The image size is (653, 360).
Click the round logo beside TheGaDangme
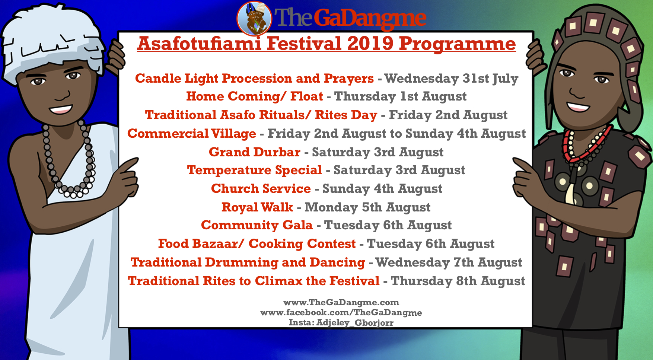254,18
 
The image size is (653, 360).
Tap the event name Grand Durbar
255,152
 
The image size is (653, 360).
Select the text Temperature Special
255,170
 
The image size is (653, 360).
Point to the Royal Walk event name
257,207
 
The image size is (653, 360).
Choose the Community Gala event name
257,225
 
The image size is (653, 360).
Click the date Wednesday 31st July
451,79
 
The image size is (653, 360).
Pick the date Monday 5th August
367,207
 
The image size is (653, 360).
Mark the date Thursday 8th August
458,281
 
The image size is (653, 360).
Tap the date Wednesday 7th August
449,262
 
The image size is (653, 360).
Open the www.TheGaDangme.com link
341,302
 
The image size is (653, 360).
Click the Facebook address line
341,312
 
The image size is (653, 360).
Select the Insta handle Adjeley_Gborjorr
355,322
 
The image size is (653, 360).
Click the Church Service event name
261,189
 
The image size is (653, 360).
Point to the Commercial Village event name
192,134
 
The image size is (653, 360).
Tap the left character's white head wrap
52,41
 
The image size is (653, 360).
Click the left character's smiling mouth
61,109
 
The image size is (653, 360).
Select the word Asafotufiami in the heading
199,44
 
